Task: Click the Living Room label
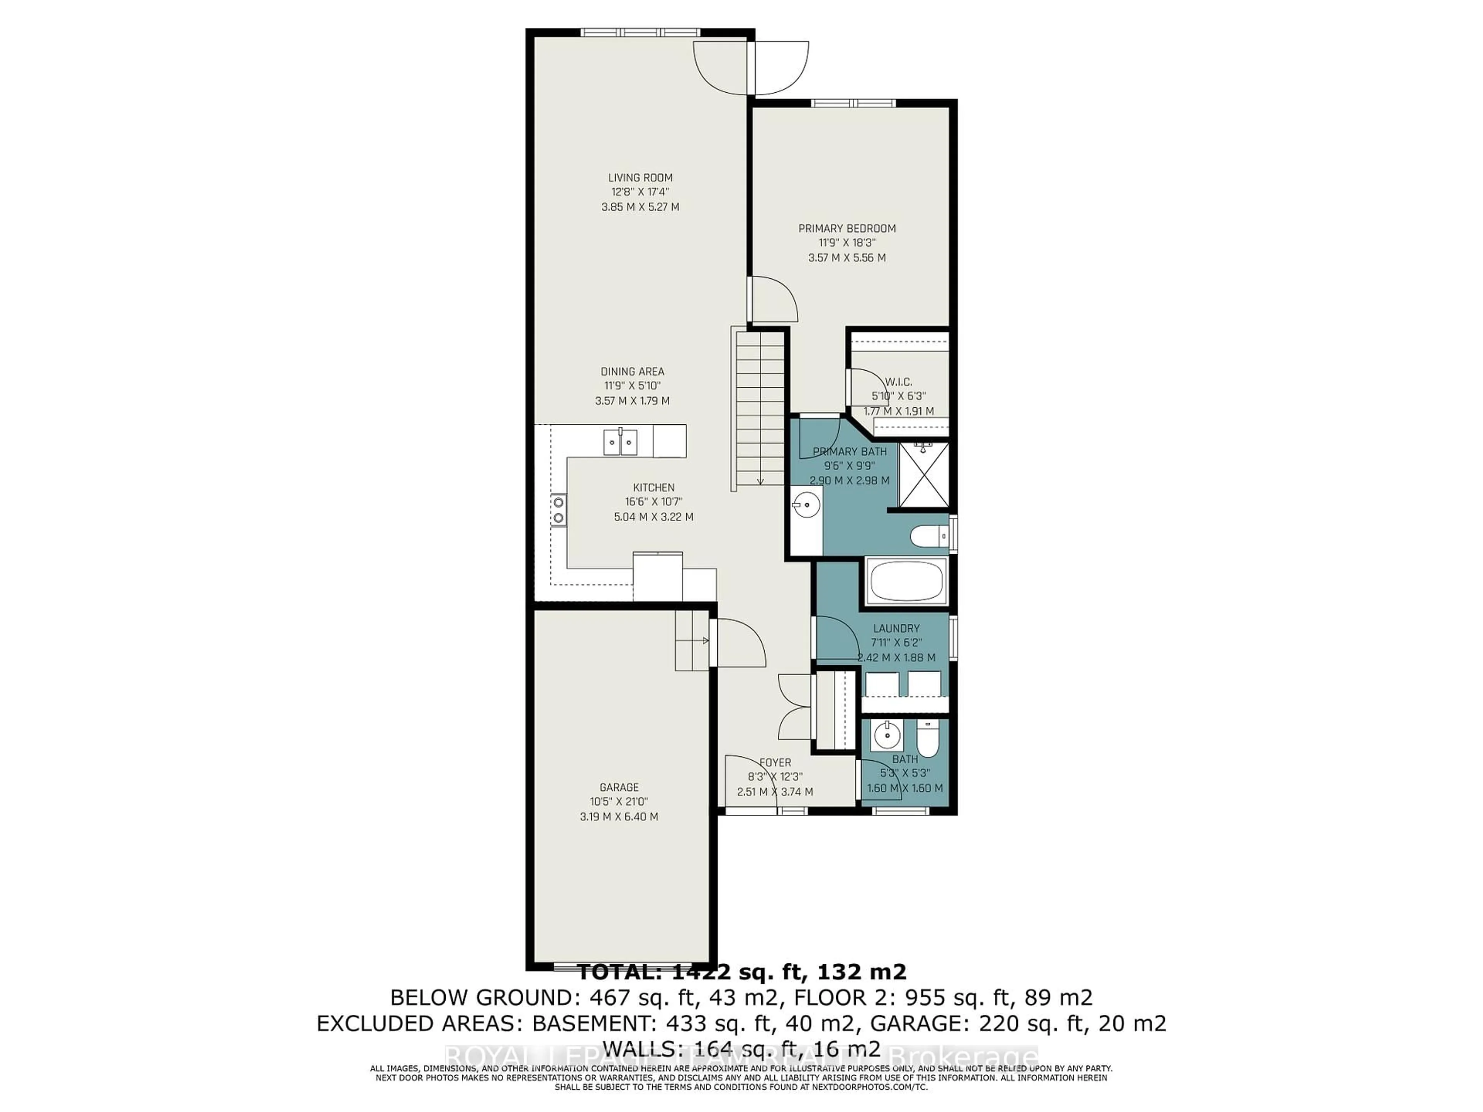(640, 178)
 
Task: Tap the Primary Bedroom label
(847, 229)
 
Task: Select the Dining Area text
(632, 371)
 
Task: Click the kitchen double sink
(151, 442)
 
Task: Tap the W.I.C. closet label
(898, 382)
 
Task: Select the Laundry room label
(896, 628)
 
